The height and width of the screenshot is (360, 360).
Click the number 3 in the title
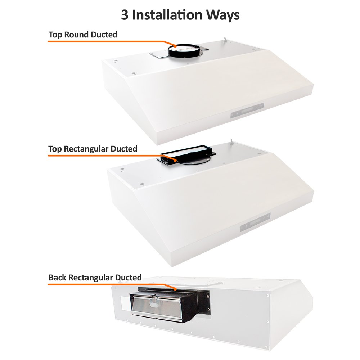125,15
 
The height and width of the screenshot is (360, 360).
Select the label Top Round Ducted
83,35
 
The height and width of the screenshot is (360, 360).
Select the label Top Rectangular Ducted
93,148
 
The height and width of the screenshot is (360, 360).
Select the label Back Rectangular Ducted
95,278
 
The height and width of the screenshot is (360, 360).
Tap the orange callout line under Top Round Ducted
108,42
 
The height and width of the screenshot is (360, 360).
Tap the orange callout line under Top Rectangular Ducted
108,155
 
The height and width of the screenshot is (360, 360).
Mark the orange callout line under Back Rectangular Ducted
108,284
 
